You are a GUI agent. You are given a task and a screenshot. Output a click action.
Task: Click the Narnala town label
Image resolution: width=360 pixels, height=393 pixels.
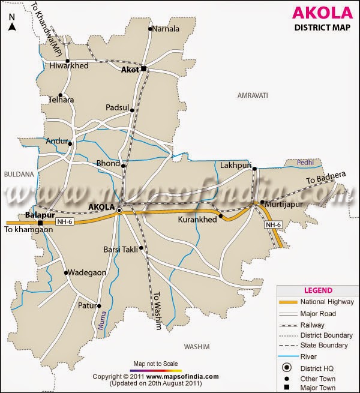166,28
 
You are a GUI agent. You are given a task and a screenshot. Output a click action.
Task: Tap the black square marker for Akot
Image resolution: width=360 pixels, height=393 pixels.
144,70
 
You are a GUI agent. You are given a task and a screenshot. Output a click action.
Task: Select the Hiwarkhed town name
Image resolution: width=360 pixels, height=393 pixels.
70,66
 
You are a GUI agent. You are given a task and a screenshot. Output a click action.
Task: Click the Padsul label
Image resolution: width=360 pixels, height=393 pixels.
118,107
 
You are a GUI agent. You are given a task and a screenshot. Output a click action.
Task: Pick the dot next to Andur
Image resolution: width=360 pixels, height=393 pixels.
70,143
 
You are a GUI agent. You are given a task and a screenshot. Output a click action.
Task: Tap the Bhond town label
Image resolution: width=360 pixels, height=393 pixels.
108,163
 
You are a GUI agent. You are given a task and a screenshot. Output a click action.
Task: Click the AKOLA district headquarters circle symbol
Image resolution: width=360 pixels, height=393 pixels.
119,211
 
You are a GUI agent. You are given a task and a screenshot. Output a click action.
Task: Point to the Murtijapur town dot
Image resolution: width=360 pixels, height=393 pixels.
262,202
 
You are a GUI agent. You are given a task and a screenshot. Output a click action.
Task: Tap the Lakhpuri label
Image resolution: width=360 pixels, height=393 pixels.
235,164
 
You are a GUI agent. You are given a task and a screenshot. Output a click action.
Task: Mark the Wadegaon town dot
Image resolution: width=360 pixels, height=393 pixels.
67,272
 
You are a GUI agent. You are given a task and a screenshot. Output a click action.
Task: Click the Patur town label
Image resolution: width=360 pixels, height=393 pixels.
87,305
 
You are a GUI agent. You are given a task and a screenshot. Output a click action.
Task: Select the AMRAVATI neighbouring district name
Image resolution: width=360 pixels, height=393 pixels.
252,96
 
